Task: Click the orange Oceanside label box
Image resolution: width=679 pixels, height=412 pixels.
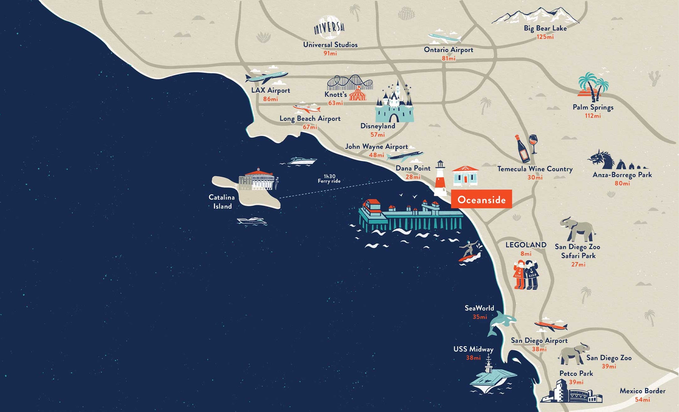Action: coord(481,199)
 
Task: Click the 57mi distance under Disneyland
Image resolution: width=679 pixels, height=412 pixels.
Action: coord(377,135)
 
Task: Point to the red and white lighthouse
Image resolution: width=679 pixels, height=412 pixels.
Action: coord(440,179)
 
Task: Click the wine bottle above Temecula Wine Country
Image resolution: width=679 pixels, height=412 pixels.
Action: coord(522,149)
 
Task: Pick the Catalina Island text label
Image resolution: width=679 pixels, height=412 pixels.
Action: coord(222,202)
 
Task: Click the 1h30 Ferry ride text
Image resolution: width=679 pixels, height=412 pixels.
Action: coord(329,179)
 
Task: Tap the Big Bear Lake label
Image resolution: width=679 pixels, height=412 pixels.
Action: coord(545,28)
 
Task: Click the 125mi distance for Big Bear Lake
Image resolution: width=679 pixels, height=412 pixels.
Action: coord(545,37)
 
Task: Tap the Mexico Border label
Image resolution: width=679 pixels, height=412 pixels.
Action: coord(642,391)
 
